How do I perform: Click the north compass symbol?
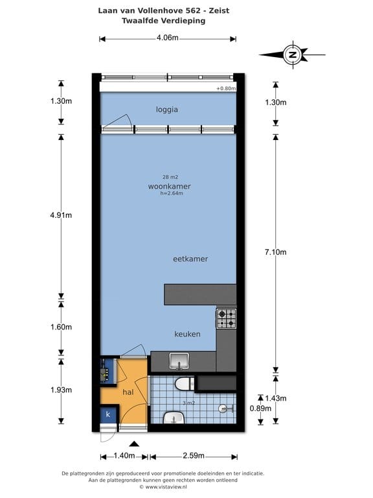293,55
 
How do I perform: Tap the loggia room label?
167,110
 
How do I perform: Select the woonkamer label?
169,186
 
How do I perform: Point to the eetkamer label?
190,259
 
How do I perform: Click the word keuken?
187,334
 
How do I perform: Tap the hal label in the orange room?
128,392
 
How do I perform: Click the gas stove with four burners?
227,318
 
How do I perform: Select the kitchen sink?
178,361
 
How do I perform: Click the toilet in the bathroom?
184,385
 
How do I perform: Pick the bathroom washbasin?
174,418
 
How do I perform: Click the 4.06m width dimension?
167,38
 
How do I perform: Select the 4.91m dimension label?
61,216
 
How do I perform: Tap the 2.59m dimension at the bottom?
193,456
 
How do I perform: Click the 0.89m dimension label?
261,409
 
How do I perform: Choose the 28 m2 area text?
170,176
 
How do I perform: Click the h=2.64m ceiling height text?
172,193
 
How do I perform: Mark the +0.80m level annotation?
225,88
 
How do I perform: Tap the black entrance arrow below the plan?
134,444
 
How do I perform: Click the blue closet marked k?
108,414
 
